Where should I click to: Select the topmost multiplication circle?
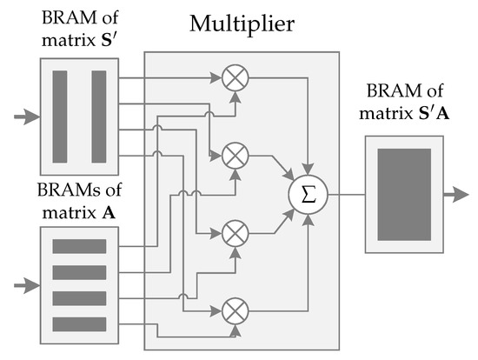click(x=234, y=78)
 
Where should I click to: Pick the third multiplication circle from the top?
click(x=234, y=232)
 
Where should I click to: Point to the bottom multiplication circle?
click(x=234, y=309)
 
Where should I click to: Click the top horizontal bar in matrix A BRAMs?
click(x=79, y=246)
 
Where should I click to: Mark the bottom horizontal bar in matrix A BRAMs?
click(x=79, y=324)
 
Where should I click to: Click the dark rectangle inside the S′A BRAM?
click(x=404, y=194)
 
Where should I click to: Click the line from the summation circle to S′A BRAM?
click(x=346, y=194)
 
